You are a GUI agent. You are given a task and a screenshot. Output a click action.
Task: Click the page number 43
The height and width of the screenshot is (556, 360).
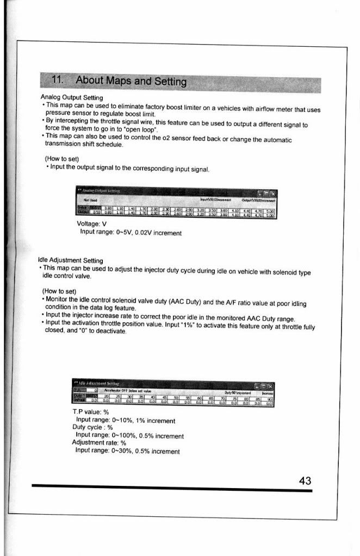click(x=305, y=480)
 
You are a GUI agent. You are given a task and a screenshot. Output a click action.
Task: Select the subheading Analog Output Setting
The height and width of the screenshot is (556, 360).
click(x=69, y=98)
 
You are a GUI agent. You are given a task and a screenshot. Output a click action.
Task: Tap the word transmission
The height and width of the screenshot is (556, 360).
click(x=60, y=146)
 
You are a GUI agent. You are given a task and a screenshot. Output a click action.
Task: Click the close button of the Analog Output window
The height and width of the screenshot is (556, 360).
click(x=272, y=193)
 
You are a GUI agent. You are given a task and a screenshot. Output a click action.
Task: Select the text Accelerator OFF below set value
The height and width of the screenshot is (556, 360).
click(x=127, y=391)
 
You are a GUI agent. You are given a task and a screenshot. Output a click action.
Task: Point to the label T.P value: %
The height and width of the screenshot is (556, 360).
click(x=91, y=412)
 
